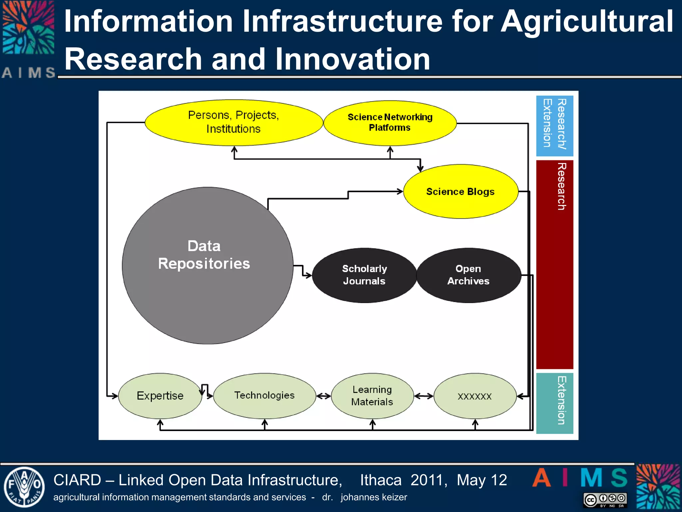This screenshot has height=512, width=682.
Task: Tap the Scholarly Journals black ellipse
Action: coord(364,275)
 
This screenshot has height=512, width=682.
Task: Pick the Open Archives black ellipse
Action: coord(469,275)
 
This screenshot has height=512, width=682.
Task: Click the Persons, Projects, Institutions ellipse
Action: coord(233,122)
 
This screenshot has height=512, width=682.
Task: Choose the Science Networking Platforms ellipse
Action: coord(390,123)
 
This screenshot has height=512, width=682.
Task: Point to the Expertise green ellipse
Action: coord(160,396)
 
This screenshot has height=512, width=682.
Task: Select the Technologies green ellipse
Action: coord(264,396)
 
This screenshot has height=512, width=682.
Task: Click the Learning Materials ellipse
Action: coord(372,396)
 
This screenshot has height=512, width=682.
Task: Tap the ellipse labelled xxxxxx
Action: coord(475,396)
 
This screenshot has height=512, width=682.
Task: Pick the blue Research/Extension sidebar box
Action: coord(554,126)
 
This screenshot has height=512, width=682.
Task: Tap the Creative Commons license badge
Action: coord(605,500)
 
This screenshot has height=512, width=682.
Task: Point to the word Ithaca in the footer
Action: coord(381,480)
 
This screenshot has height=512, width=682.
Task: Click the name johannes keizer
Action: coord(374,497)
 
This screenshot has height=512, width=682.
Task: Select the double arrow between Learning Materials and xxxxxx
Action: coord(424,396)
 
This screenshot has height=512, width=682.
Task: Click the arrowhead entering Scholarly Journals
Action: coord(308,275)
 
